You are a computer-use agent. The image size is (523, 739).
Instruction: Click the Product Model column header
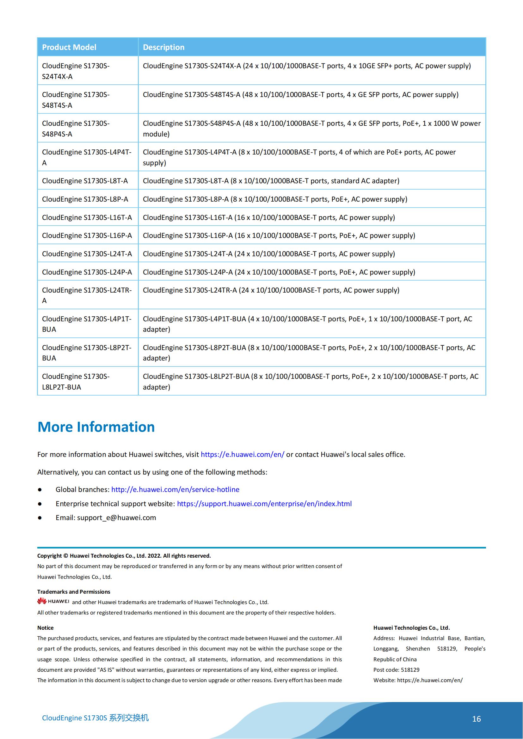(x=69, y=47)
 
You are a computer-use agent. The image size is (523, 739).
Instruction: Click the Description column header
(x=163, y=47)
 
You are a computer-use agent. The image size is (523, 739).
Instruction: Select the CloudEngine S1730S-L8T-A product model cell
(x=85, y=181)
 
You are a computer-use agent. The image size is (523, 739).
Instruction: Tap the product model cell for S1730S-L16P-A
(x=87, y=236)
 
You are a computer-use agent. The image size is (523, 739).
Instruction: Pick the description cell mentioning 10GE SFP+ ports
(x=307, y=66)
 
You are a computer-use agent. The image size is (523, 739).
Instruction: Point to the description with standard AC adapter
(x=271, y=181)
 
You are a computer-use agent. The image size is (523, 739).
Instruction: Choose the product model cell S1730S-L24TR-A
(x=87, y=295)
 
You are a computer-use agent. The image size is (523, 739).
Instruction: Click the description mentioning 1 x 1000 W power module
(x=311, y=128)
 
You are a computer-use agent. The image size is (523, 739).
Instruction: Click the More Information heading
(x=96, y=427)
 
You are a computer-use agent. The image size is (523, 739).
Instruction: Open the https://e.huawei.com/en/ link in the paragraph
(x=243, y=454)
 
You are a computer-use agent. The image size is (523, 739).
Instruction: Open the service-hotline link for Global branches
(x=175, y=489)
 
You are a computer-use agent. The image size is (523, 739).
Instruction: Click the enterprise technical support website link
(x=264, y=504)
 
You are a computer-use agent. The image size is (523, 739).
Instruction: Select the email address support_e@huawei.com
(x=117, y=518)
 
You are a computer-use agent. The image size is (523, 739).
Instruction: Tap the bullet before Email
(x=40, y=518)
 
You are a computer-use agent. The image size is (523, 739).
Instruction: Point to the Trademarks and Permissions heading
(x=74, y=591)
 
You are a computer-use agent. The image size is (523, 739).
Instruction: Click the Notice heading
(x=46, y=628)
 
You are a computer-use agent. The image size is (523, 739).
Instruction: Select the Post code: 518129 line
(x=397, y=670)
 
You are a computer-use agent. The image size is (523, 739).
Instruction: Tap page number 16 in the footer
(x=476, y=719)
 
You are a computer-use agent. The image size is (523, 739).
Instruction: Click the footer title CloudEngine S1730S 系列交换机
(x=95, y=718)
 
